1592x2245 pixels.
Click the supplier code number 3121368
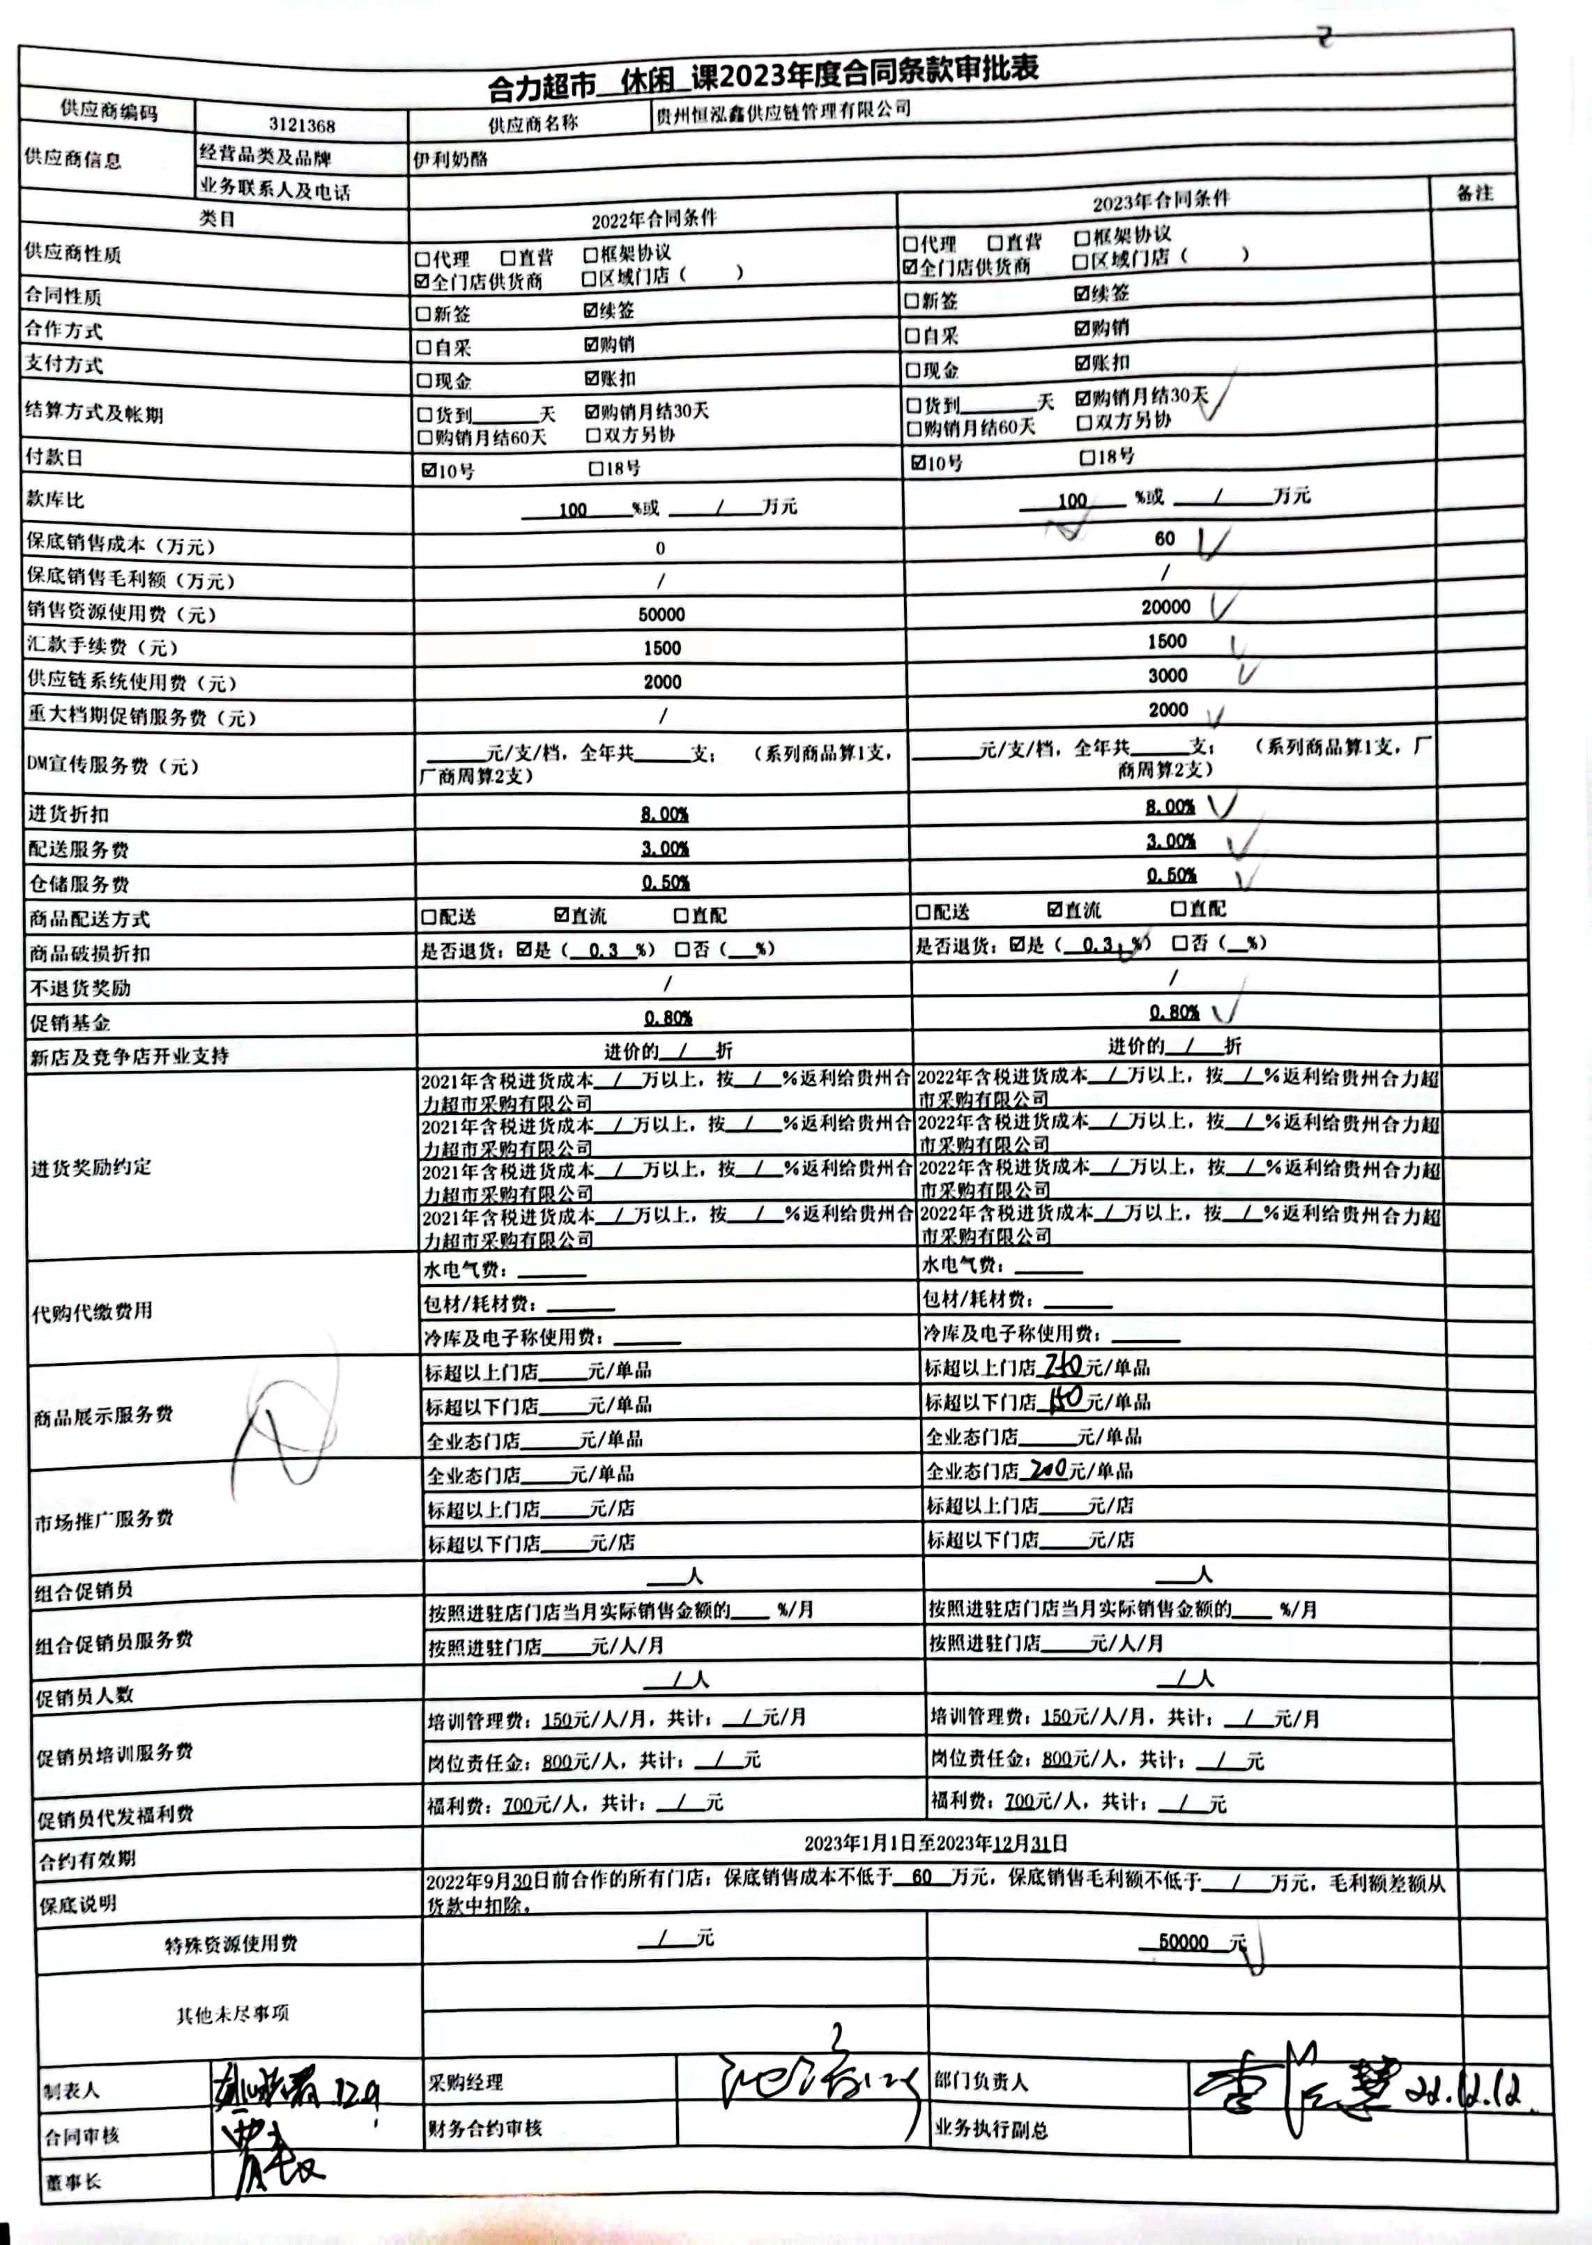[302, 125]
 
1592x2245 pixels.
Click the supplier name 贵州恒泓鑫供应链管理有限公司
[782, 109]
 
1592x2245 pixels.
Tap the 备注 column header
[1474, 193]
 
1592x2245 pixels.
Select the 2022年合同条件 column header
[654, 218]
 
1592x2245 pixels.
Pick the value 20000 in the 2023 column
[1165, 607]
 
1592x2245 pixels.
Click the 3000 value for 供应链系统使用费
[1168, 674]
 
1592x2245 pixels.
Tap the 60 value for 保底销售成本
[1165, 538]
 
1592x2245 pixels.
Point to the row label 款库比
[55, 499]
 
